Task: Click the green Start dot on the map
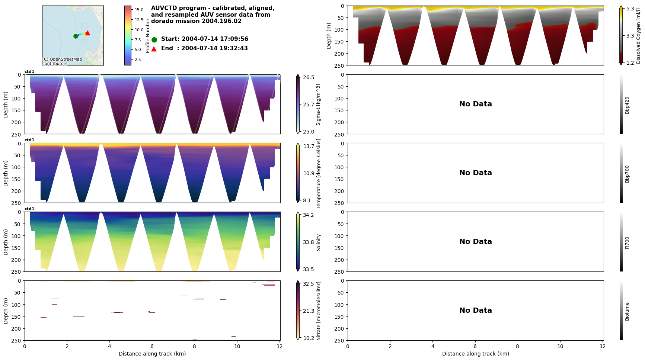[76, 36]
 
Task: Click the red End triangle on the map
[87, 33]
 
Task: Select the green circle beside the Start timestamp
[154, 39]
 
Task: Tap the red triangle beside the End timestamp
[154, 49]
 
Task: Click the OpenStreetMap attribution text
[62, 61]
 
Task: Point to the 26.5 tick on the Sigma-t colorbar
[309, 77]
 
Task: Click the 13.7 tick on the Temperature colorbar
[309, 146]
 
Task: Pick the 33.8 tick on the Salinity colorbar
[309, 242]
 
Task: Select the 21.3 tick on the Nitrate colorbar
[309, 311]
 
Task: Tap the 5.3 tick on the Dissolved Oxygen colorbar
[630, 9]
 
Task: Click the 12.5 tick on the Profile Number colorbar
[139, 20]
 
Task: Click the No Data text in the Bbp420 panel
[475, 104]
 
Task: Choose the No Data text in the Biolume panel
[475, 311]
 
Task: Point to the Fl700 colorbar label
[627, 242]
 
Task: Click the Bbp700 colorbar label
[627, 174]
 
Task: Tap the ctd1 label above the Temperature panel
[29, 140]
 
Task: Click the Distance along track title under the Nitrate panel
[152, 354]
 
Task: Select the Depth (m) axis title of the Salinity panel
[6, 242]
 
